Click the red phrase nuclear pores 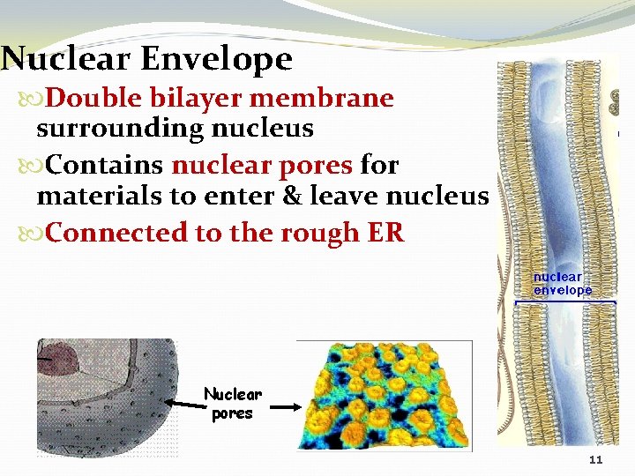click(x=261, y=165)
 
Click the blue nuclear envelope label click(x=562, y=283)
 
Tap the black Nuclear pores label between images click(x=233, y=403)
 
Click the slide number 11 click(x=595, y=461)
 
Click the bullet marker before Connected click(x=25, y=234)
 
